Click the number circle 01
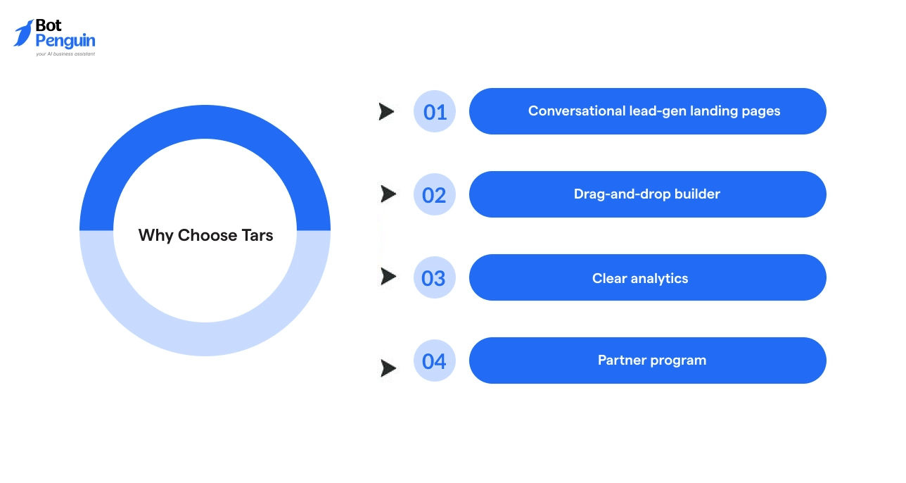435,111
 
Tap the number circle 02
435,194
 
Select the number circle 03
435,277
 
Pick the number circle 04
435,360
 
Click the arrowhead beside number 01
386,111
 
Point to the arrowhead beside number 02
388,194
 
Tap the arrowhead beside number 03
388,277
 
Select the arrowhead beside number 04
388,368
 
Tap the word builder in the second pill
695,194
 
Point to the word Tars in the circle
257,235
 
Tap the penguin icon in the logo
23,33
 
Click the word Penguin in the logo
65,41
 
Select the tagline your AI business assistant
65,54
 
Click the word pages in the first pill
761,111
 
